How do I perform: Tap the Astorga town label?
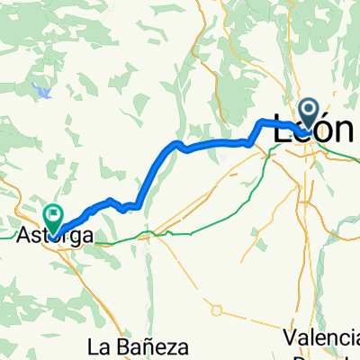click(x=55, y=236)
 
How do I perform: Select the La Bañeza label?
click(x=138, y=346)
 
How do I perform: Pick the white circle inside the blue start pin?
click(x=308, y=112)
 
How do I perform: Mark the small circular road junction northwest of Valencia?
click(x=216, y=310)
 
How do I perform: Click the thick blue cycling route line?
click(x=216, y=143)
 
